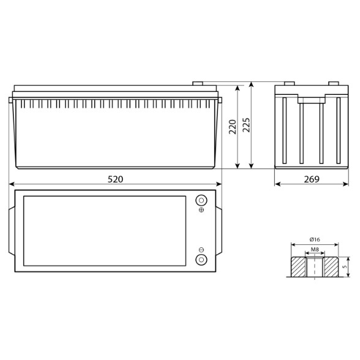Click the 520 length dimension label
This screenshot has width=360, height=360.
116,179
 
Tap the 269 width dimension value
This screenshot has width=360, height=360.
312,179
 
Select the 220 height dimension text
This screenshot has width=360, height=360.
233,127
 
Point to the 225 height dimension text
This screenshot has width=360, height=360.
246,125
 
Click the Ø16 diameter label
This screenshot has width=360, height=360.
315,239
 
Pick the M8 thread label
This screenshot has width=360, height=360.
315,249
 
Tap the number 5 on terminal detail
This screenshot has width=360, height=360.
344,267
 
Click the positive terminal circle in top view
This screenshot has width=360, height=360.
201,200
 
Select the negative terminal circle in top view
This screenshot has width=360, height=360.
201,260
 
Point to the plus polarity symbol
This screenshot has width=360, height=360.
201,210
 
